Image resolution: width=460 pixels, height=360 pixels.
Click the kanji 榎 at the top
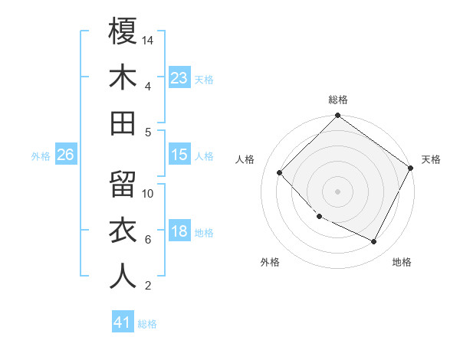click(x=123, y=31)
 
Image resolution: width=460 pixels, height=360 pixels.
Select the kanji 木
click(x=123, y=77)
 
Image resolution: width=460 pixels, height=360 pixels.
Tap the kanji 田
click(x=123, y=123)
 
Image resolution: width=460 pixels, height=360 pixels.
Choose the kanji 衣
click(x=123, y=231)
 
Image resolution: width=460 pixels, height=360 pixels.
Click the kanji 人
click(x=123, y=277)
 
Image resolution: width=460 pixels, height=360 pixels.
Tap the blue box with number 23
click(x=179, y=77)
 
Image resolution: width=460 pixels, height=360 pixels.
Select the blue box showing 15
click(x=179, y=155)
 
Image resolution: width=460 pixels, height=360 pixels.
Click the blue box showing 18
click(x=179, y=232)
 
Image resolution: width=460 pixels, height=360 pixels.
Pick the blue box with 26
click(x=65, y=155)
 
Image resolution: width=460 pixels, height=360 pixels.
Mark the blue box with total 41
click(x=123, y=322)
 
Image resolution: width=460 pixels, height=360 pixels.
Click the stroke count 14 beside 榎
click(x=149, y=40)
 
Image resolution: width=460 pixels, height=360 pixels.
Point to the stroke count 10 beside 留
click(x=149, y=193)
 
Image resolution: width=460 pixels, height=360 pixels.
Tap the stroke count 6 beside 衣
click(x=148, y=240)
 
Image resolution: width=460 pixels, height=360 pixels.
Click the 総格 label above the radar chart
click(x=337, y=100)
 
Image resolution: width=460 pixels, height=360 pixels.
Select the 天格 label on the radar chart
click(x=431, y=159)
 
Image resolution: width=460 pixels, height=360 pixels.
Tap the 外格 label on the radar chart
click(x=270, y=262)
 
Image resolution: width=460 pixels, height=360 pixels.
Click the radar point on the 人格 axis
click(x=280, y=172)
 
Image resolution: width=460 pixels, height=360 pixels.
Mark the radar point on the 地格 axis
click(x=374, y=242)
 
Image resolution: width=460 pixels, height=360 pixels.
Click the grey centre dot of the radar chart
click(x=337, y=191)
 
